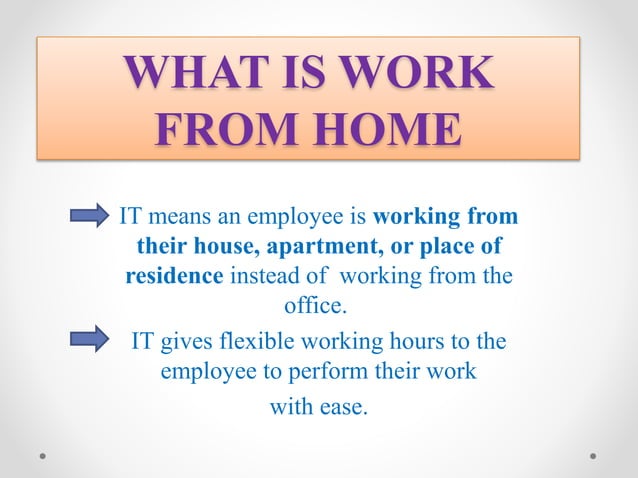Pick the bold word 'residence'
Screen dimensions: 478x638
coord(174,275)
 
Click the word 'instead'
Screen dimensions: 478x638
coord(265,275)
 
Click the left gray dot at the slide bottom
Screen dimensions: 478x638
coord(44,455)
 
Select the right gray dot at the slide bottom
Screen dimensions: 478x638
coord(593,455)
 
